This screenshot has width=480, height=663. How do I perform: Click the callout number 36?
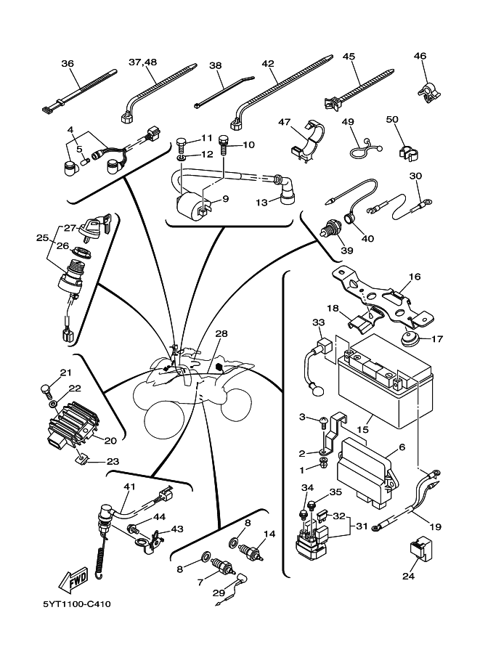[68, 63]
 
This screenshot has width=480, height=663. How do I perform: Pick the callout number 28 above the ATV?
[221, 333]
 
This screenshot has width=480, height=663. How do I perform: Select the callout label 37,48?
[142, 63]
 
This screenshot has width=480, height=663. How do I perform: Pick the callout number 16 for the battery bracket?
[415, 277]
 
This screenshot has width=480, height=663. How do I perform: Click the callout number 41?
[130, 486]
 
